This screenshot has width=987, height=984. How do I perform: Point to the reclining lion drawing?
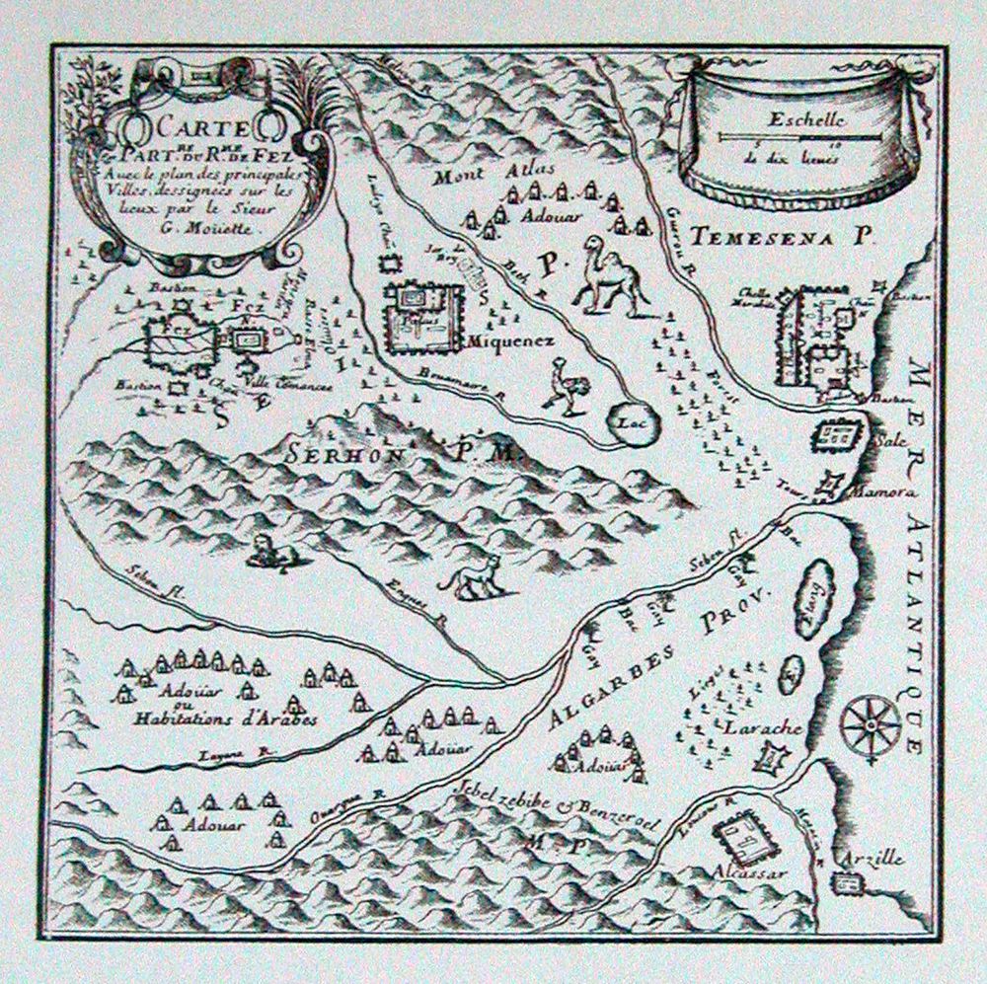click(x=266, y=551)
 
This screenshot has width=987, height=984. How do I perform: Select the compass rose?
click(x=870, y=724)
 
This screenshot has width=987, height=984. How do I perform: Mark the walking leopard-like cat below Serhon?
click(x=471, y=576)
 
